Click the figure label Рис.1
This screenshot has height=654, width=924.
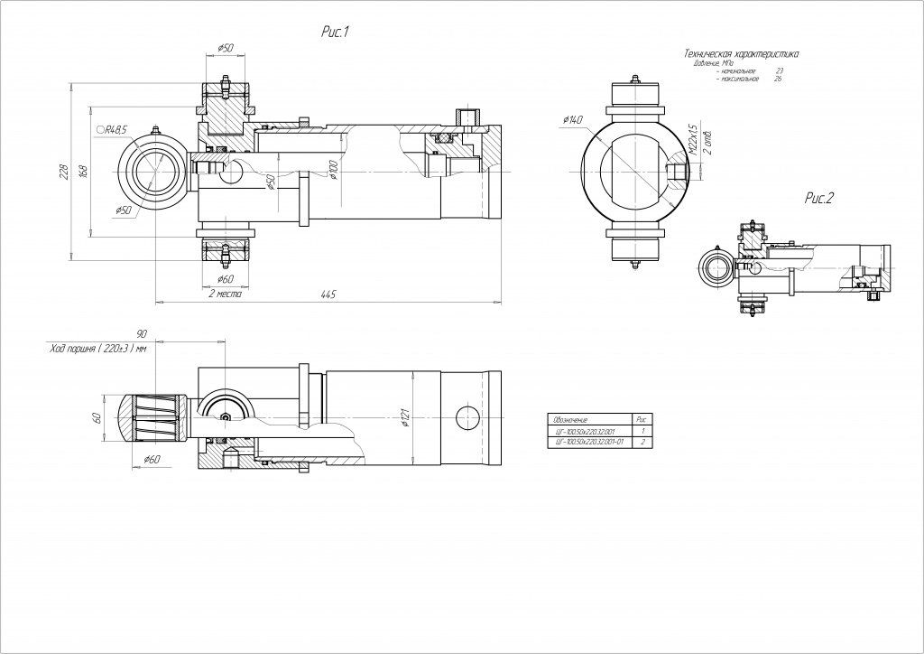tap(335, 33)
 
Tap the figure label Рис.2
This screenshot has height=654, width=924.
tap(818, 199)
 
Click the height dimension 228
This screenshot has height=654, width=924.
tap(64, 173)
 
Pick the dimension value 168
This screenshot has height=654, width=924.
tap(82, 172)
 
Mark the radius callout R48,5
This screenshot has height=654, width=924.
tap(112, 130)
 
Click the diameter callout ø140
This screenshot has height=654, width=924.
tap(572, 120)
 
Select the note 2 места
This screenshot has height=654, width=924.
tap(224, 294)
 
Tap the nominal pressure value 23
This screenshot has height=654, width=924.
tap(779, 70)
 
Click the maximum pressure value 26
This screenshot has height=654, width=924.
tap(778, 79)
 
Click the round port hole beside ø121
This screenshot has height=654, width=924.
tap(468, 417)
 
